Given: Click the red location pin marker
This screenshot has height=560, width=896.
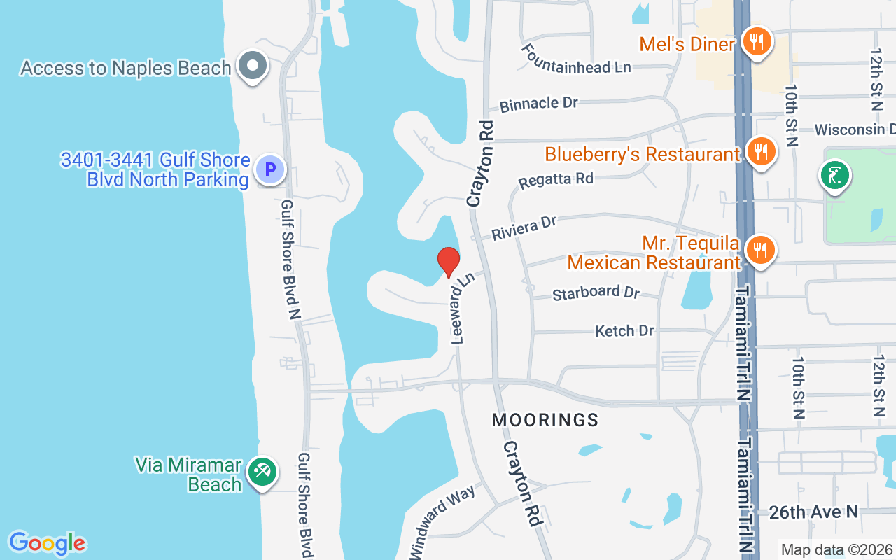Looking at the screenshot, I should (449, 262).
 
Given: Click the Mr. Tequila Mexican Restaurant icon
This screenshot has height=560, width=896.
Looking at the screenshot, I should (759, 249).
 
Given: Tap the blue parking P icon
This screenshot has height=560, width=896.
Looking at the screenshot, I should (270, 169).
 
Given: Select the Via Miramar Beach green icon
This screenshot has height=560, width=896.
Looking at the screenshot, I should (263, 472).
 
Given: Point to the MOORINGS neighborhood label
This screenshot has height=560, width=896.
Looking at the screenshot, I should (545, 420).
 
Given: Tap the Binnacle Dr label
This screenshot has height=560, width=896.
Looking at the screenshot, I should (538, 104).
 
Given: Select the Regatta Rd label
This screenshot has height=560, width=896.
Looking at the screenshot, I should (556, 180).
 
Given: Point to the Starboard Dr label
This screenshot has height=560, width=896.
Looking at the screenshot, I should (596, 292).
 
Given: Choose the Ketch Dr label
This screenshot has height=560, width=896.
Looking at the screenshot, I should (624, 330).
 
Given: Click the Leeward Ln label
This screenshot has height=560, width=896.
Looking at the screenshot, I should (463, 308).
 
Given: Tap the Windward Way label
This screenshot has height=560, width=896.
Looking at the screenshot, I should (442, 521).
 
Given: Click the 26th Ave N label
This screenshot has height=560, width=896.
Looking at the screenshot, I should (813, 512).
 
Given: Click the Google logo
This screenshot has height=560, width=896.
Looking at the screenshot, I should (47, 544).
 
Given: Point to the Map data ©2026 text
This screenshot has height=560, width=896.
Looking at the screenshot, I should (836, 550).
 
